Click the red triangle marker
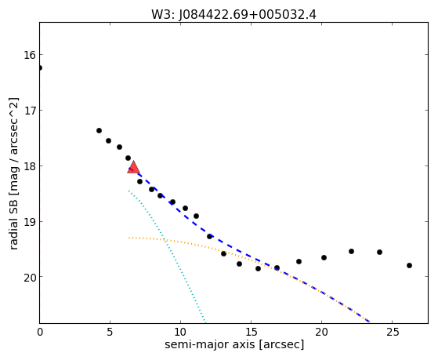(x=133, y=167)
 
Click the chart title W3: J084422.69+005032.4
(x=233, y=15)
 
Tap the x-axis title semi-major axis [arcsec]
(x=234, y=344)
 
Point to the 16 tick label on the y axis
(x=30, y=55)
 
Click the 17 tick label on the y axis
(x=30, y=111)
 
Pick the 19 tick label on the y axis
(x=30, y=221)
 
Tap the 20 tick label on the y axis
(x=30, y=277)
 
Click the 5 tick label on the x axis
(x=110, y=332)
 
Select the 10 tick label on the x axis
(x=180, y=332)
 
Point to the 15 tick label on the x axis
(x=251, y=332)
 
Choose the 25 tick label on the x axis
(x=392, y=332)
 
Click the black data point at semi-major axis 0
(x=40, y=68)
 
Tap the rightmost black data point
(x=409, y=265)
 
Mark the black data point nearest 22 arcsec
(x=351, y=252)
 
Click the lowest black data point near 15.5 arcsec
(x=258, y=269)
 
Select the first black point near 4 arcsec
(x=99, y=131)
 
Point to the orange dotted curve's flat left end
(x=129, y=238)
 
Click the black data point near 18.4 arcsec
(x=299, y=262)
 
